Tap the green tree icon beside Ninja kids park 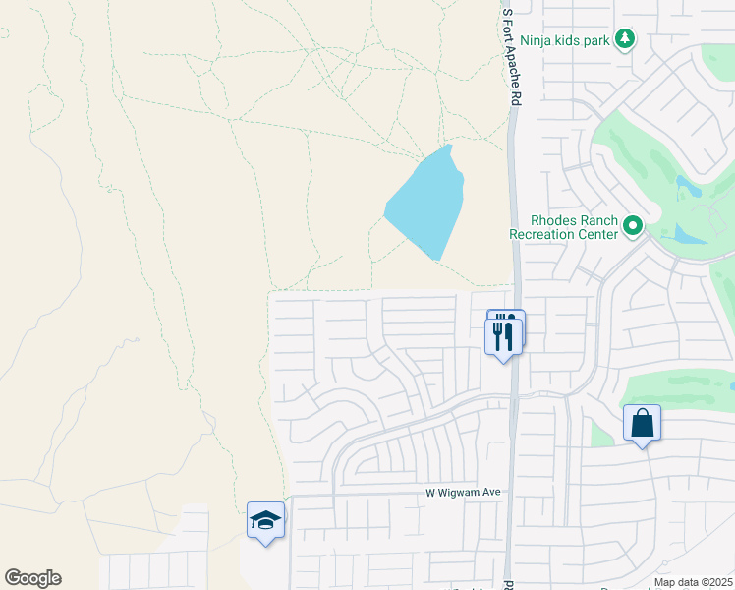624,39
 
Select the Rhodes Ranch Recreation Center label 563,227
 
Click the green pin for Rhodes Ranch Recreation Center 634,227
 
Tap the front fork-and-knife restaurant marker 503,336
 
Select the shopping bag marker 642,424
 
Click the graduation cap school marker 265,520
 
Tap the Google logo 32,578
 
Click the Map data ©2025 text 693,582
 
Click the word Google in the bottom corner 32,578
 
